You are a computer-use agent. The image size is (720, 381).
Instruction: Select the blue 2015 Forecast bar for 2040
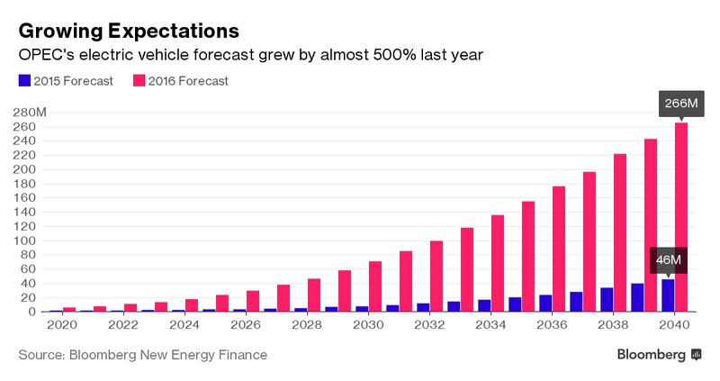(x=668, y=295)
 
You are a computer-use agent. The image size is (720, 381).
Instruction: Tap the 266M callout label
(x=681, y=104)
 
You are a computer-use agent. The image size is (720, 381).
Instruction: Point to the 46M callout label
(x=668, y=260)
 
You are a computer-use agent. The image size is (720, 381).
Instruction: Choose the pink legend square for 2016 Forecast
(x=140, y=81)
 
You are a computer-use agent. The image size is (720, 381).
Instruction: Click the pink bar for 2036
(x=559, y=249)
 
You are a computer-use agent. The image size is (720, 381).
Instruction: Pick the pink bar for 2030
(x=375, y=286)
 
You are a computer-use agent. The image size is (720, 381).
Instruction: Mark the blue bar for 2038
(x=607, y=300)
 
